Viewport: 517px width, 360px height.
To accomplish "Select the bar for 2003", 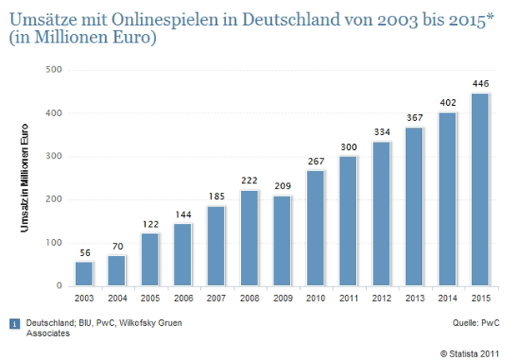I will pyautogui.click(x=84, y=273).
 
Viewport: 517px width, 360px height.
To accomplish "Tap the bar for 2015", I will pyautogui.click(x=479, y=189).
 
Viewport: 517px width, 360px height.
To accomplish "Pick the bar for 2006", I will pyautogui.click(x=183, y=254).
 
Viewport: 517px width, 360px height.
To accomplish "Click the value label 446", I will pyautogui.click(x=479, y=84).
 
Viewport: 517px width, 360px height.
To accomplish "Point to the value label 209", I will pyautogui.click(x=282, y=187).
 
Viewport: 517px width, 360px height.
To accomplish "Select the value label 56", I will pyautogui.click(x=84, y=252).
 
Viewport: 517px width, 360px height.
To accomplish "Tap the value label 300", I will pyautogui.click(x=348, y=147).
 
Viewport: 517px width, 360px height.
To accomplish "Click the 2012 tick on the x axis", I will pyautogui.click(x=380, y=297).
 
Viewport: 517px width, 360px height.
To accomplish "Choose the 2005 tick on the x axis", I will pyautogui.click(x=150, y=297).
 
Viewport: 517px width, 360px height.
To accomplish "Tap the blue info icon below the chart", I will pyautogui.click(x=14, y=322).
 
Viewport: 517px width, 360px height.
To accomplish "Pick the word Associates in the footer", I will pyautogui.click(x=48, y=334).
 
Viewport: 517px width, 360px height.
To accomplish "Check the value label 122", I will pyautogui.click(x=150, y=224).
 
